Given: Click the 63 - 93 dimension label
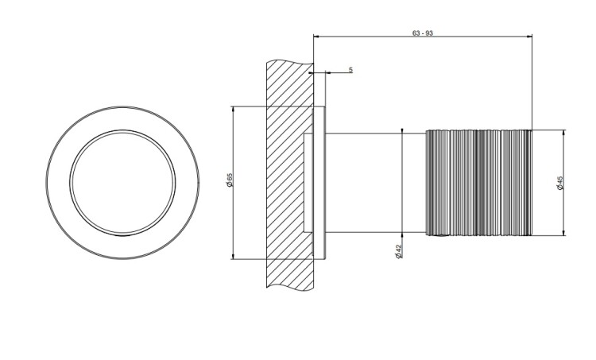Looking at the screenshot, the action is [422, 33].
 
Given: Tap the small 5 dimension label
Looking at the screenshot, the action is [350, 70].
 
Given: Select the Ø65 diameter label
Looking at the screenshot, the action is [229, 180].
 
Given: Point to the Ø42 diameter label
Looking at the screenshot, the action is [398, 251].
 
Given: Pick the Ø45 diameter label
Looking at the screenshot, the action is [560, 183].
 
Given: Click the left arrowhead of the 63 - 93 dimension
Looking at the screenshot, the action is [316, 37].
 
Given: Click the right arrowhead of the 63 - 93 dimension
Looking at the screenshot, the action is [529, 37].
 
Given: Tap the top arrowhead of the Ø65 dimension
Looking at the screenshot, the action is [233, 110].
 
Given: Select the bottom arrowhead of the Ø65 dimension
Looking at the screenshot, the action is [233, 256].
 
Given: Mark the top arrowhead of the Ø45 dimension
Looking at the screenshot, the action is [563, 133].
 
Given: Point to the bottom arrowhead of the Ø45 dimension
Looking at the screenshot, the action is [563, 233].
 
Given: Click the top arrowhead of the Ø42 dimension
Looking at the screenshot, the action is [402, 131].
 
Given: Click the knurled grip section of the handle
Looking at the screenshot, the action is [478, 183].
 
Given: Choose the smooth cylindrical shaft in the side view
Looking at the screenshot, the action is [376, 183].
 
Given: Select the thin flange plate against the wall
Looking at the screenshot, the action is [319, 183].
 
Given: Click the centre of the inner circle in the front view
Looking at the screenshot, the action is [122, 183].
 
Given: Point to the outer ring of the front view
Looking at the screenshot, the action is [122, 106].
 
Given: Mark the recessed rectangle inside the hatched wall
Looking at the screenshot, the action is [308, 183].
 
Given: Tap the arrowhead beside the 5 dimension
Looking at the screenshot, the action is [329, 72].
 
